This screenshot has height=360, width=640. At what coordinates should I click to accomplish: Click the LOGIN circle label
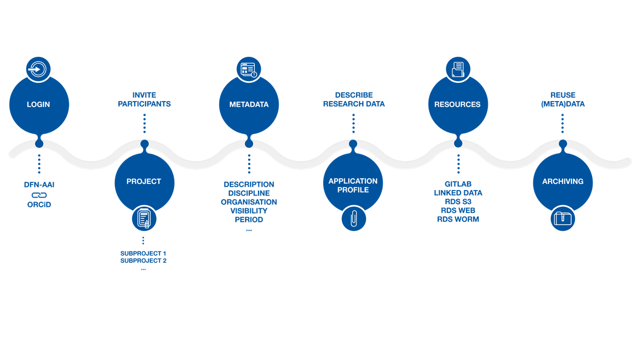[39, 104]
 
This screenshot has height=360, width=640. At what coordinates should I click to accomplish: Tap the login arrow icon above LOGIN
[39, 69]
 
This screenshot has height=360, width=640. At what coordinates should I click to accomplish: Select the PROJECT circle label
[144, 181]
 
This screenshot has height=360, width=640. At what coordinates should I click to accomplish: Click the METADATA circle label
[249, 104]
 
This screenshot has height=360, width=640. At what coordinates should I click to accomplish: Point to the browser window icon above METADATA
[249, 69]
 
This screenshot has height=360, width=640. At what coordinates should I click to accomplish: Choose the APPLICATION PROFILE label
[353, 185]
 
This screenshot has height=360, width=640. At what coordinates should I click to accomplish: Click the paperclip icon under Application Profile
[353, 219]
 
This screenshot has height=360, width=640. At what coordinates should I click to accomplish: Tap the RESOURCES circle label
[458, 104]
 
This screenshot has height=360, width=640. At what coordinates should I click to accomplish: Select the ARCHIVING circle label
[563, 181]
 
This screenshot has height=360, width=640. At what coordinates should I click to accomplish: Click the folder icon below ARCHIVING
[563, 219]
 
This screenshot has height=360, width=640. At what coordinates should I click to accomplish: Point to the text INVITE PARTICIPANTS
[144, 100]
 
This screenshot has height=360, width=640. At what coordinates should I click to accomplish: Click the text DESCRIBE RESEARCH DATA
[353, 100]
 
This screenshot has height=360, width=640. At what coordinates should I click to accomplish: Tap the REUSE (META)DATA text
[563, 100]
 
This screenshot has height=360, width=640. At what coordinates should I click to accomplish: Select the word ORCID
[39, 205]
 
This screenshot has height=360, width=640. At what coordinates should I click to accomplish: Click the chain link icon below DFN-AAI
[39, 195]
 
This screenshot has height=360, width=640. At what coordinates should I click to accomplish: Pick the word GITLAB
[458, 184]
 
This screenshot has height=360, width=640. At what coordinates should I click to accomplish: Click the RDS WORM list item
[458, 220]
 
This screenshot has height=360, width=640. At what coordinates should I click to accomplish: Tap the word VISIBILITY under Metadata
[249, 211]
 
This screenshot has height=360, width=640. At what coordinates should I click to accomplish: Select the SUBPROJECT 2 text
[144, 260]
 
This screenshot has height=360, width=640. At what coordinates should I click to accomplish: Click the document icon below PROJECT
[144, 219]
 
